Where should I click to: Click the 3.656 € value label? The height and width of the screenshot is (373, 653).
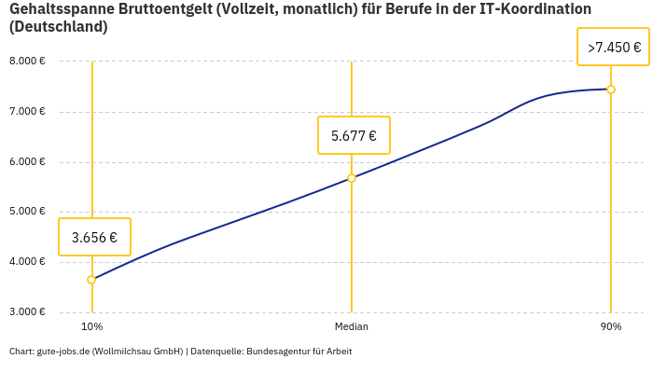[x=94, y=237]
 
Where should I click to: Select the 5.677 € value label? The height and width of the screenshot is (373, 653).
[x=354, y=135]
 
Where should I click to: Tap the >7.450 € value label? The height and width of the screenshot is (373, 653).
[x=613, y=47]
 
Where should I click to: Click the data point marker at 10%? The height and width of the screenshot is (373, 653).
[x=91, y=280]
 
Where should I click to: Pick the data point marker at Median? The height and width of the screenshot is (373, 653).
[x=352, y=178]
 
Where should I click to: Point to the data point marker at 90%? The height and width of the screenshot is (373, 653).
[x=611, y=90]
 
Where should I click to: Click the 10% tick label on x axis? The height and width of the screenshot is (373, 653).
[x=91, y=326]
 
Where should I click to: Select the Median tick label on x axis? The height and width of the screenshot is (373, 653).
[x=352, y=326]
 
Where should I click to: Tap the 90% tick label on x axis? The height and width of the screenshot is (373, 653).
[x=611, y=326]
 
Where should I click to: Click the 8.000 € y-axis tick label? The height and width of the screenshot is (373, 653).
[x=27, y=62]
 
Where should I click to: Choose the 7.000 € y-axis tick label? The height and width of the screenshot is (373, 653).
[x=27, y=112]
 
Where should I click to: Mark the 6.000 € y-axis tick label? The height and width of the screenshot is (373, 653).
[x=27, y=161]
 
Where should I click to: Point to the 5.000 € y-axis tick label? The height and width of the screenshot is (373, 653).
[x=27, y=212]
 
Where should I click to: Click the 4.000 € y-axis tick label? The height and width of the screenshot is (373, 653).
[x=27, y=262]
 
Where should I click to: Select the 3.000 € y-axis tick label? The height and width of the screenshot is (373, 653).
[x=27, y=311]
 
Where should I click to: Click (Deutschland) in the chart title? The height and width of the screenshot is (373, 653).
[x=58, y=27]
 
